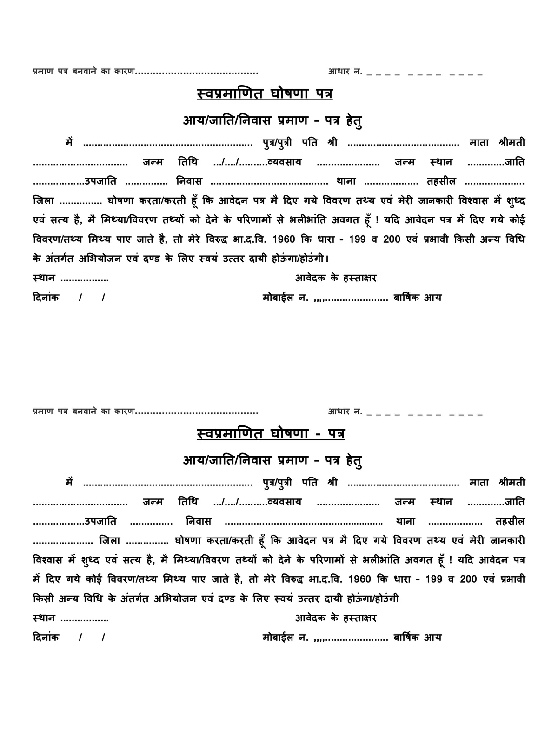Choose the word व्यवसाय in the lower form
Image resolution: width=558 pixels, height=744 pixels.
(x=285, y=502)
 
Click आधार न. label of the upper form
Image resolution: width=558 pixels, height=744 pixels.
(x=345, y=72)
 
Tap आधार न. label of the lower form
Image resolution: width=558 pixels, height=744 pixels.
(x=345, y=412)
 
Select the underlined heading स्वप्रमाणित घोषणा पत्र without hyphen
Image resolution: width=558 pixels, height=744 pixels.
(x=265, y=94)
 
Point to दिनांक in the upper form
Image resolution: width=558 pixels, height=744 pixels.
(x=46, y=298)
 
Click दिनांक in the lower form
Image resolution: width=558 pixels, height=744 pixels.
(x=46, y=637)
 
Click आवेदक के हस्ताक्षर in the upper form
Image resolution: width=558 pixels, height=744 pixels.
(x=336, y=278)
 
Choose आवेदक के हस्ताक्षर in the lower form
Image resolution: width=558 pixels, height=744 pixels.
(x=336, y=618)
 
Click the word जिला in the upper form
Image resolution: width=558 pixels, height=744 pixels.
(x=44, y=201)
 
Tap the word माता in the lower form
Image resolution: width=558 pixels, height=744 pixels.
(x=479, y=482)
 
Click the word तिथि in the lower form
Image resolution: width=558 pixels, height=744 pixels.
(x=188, y=502)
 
